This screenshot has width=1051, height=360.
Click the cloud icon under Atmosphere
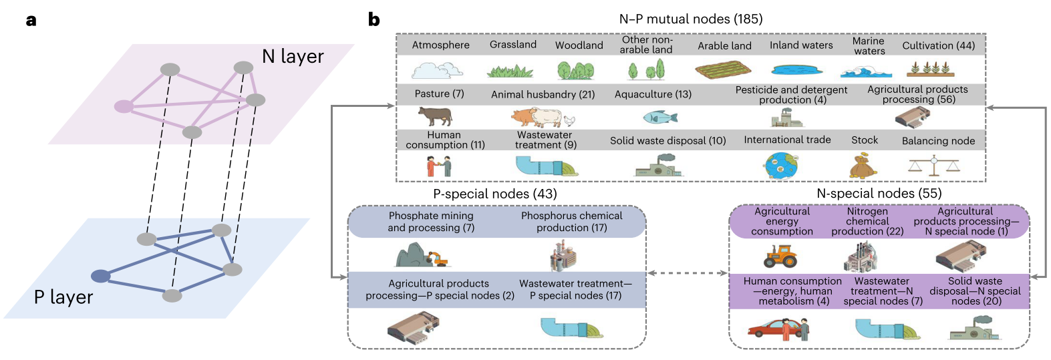coord(437,69)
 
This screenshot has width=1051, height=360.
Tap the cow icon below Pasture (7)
coord(435,116)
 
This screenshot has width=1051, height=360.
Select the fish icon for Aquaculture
coord(660,118)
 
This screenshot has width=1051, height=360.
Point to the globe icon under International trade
coord(782,165)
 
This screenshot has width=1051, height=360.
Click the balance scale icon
coord(933,166)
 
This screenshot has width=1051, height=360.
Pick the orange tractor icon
coord(780,255)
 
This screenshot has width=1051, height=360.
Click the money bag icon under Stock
coord(863,166)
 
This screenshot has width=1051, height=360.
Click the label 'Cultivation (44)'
coord(938,45)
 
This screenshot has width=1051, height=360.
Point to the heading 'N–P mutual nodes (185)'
coord(690,19)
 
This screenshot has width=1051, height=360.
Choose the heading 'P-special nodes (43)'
coord(494,194)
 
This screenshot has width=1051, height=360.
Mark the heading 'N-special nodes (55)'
coord(879,193)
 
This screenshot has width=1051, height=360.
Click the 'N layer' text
coord(293,56)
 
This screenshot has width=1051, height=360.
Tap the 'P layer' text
coord(63,297)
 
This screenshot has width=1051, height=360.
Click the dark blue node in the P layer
coord(100,276)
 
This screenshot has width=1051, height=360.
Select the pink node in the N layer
coord(124,106)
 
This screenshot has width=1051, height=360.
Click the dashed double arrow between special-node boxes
coord(687,273)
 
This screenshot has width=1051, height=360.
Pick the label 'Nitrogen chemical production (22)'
coord(867,221)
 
